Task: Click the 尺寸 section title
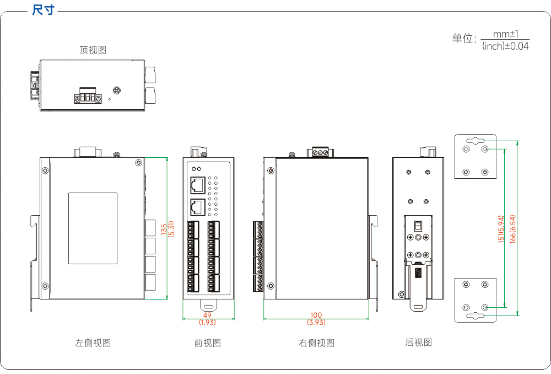43,10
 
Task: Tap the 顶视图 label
93,50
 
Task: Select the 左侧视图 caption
93,343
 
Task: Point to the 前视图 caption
207,343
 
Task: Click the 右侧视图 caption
316,343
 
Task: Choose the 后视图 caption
418,343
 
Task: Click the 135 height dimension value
164,229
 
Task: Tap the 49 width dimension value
207,315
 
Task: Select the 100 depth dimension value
316,315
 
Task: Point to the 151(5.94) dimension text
501,229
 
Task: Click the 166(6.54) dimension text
512,229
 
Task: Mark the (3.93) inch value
316,322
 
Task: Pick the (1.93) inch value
207,322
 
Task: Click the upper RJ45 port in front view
198,185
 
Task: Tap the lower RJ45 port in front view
198,207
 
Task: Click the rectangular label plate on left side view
93,228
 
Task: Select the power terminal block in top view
88,95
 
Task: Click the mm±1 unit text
505,34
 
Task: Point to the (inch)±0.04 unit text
505,46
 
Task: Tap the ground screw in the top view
117,90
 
